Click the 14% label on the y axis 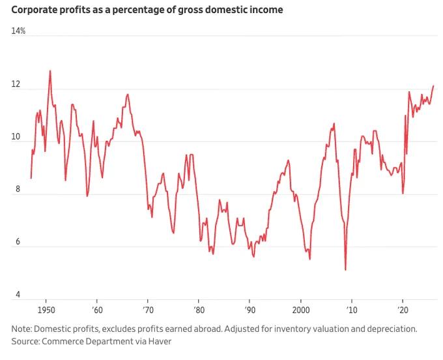pyautogui.click(x=18, y=31)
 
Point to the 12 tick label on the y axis pyautogui.click(x=16, y=84)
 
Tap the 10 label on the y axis pyautogui.click(x=16, y=136)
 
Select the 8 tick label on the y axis pyautogui.click(x=18, y=189)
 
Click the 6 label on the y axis pyautogui.click(x=18, y=241)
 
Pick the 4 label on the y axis pyautogui.click(x=18, y=294)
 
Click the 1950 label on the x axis pyautogui.click(x=46, y=310)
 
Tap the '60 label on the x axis pyautogui.click(x=97, y=310)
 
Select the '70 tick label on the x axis pyautogui.click(x=148, y=310)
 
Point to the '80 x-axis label pyautogui.click(x=199, y=310)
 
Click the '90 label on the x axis pyautogui.click(x=250, y=310)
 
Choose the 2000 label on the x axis pyautogui.click(x=301, y=310)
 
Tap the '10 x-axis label pyautogui.click(x=352, y=310)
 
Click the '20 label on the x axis pyautogui.click(x=403, y=310)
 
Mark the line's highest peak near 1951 pyautogui.click(x=50, y=70)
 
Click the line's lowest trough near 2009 pyautogui.click(x=345, y=270)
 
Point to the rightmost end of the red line pyautogui.click(x=433, y=85)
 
